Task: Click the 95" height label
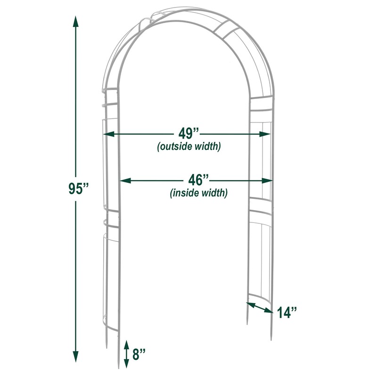78,188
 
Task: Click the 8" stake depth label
139,354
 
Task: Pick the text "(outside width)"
188,147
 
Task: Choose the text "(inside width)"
198,193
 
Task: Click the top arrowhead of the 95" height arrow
75,20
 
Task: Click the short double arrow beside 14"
260,307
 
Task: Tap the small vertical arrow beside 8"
126,354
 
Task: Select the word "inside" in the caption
186,193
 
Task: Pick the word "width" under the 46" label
214,193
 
